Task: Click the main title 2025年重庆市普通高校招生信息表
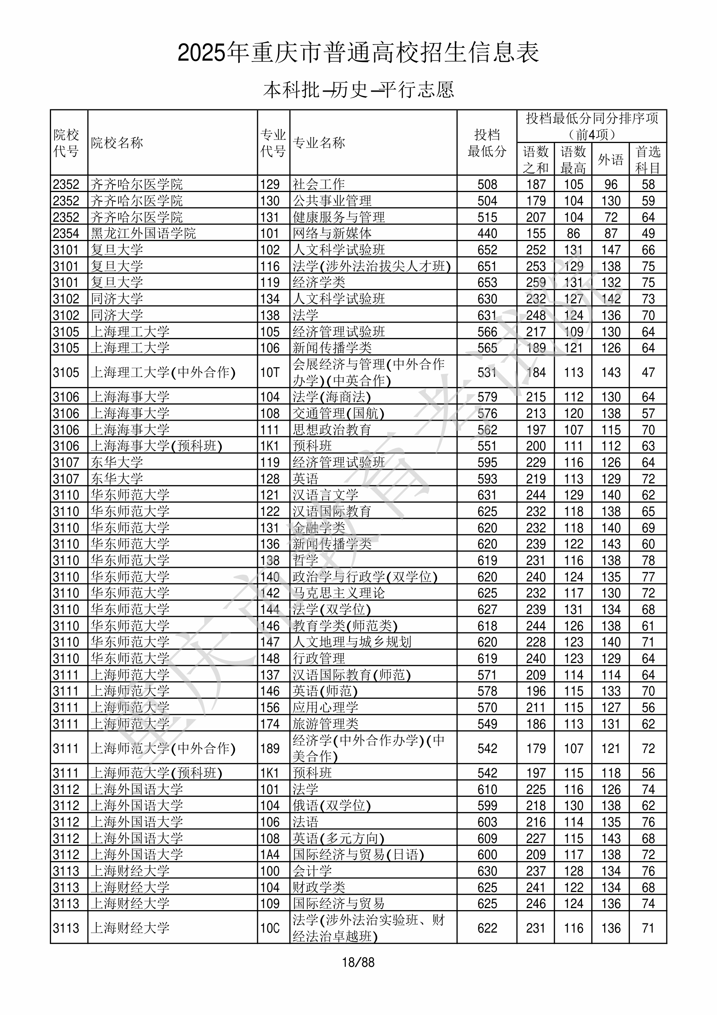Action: (358, 53)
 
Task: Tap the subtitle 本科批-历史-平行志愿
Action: (358, 90)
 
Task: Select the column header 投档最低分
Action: (487, 143)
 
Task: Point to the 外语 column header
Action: (611, 159)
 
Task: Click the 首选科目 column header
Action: (648, 159)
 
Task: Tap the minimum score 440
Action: (487, 233)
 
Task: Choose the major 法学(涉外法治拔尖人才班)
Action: (371, 266)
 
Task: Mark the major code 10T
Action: (270, 372)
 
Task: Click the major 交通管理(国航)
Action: (338, 413)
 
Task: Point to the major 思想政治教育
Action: (331, 430)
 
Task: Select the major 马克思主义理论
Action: (338, 593)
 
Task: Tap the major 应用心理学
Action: (325, 707)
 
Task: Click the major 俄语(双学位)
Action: (331, 806)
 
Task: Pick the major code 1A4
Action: (270, 855)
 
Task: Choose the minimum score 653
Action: (487, 282)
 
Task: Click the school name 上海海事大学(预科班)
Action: (156, 446)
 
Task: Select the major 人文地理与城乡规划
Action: (351, 642)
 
